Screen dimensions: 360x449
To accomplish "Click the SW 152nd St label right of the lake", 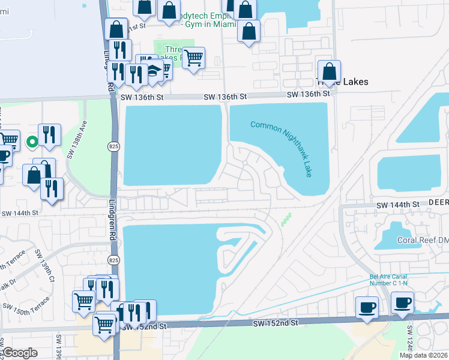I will point(277,323).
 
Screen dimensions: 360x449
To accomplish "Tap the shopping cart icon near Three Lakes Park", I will point(193,58).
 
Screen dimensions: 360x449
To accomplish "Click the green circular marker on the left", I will point(32,142).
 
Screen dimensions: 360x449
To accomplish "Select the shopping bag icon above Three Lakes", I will point(329,71).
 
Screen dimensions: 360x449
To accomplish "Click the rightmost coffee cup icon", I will point(402,302).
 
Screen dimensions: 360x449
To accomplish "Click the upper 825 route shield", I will point(113,145).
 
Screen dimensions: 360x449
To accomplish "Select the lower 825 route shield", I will point(113,259).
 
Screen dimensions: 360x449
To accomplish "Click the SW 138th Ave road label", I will point(74,145).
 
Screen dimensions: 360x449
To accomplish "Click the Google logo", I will point(20,353).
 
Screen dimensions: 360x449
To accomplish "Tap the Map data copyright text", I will point(423,355).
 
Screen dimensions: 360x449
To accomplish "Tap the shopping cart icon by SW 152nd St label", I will point(104,325).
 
